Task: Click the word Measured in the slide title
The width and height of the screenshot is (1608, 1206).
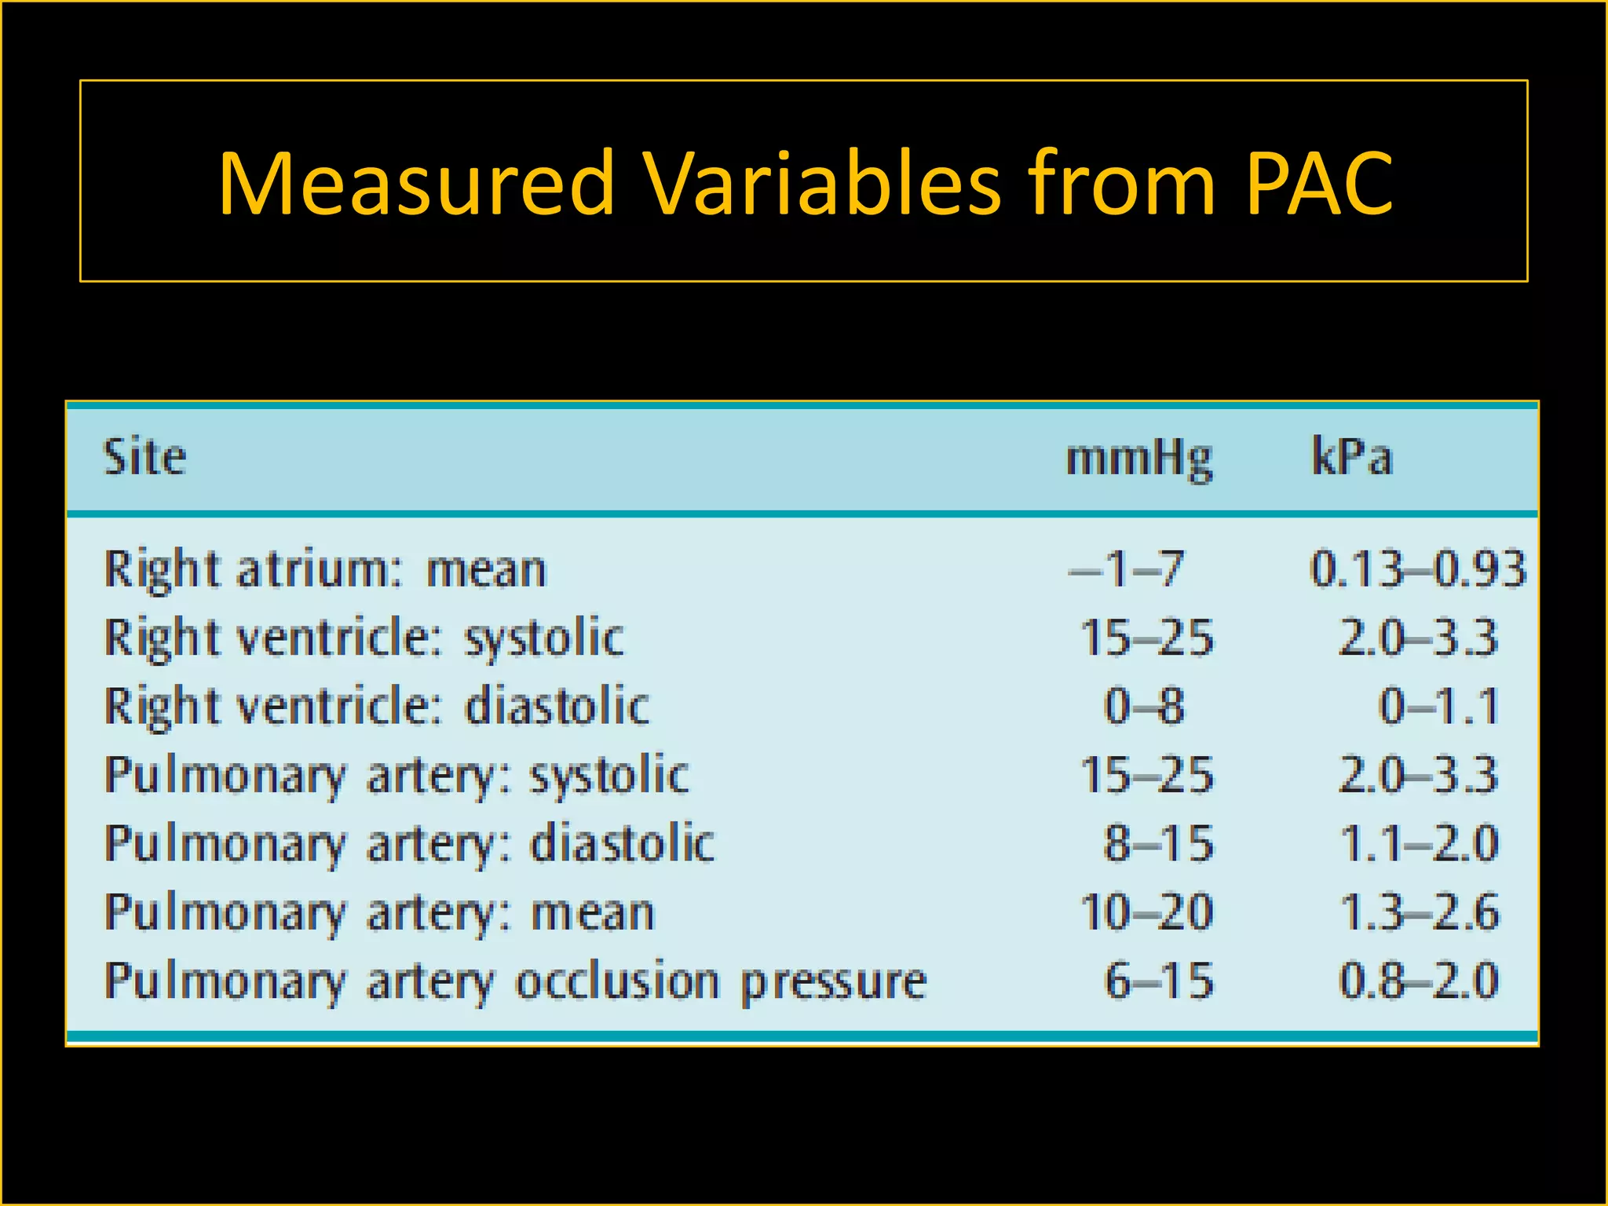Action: pos(415,184)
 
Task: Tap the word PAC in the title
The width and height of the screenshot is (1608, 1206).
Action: pos(1319,184)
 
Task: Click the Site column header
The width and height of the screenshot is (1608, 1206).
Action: pos(145,457)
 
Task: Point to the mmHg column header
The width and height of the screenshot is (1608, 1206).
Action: pos(1139,459)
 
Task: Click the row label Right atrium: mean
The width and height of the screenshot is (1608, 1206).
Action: pos(325,569)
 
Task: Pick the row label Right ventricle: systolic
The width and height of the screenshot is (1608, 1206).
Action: pos(364,638)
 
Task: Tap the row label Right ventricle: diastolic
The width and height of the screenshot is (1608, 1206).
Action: pos(377,706)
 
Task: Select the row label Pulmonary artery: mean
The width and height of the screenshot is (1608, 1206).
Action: pos(379,912)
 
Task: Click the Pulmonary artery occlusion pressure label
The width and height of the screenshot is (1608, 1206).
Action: pos(516,981)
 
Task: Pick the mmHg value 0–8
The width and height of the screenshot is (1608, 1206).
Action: pos(1144,706)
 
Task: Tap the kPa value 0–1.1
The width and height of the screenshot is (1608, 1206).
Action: pos(1438,706)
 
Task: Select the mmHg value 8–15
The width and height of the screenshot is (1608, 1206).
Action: pos(1158,844)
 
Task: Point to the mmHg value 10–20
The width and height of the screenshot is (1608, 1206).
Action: pos(1146,912)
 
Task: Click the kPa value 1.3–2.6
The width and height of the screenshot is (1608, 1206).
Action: pos(1419,912)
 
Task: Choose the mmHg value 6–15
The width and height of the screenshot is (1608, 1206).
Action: pos(1158,981)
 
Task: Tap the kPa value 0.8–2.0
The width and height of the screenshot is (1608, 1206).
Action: pos(1419,981)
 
